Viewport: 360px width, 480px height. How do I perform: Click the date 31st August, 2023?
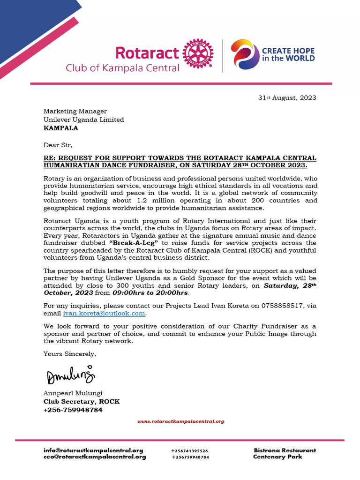287,98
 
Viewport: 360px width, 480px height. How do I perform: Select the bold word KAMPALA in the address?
61,127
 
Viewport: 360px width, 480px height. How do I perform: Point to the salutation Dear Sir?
58,145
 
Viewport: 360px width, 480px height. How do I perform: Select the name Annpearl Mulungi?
73,393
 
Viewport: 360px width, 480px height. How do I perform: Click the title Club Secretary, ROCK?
82,401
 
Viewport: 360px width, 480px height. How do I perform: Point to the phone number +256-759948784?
73,410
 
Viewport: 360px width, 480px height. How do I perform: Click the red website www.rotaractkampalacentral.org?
180,421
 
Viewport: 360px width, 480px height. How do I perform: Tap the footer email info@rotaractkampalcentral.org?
93,450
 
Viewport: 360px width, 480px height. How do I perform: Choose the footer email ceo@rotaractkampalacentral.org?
95,457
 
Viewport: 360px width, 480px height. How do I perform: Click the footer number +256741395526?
189,451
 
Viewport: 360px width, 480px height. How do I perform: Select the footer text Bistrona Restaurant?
285,450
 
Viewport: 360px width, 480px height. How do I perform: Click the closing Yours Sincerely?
70,354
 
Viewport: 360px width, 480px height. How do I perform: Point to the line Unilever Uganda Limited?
84,120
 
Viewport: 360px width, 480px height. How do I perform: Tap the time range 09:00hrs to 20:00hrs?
150,293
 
